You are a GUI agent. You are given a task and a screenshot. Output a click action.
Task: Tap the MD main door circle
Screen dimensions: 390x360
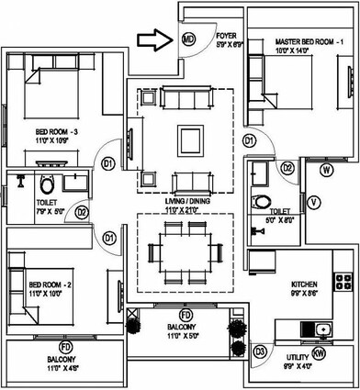[187, 39]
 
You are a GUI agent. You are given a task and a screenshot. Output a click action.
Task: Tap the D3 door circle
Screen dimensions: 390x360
[260, 351]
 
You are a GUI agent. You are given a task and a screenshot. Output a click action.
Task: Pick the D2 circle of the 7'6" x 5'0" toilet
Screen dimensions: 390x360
[81, 213]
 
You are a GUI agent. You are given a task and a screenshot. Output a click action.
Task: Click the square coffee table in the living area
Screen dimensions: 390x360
[187, 139]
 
